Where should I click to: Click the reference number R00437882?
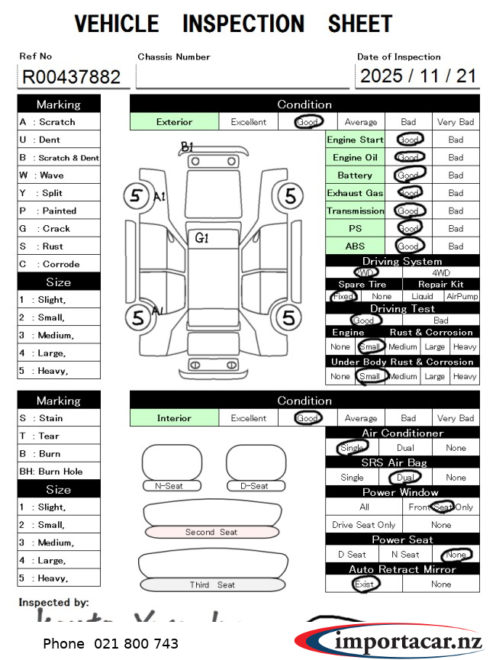pyautogui.click(x=72, y=76)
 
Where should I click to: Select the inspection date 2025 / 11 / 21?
pyautogui.click(x=417, y=76)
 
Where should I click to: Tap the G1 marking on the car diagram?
pyautogui.click(x=201, y=238)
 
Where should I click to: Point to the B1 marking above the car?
pyautogui.click(x=187, y=146)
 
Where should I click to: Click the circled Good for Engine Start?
pyautogui.click(x=409, y=140)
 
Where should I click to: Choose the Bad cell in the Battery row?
pyautogui.click(x=456, y=175)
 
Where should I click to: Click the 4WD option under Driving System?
pyautogui.click(x=441, y=272)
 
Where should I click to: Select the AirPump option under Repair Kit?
pyautogui.click(x=462, y=296)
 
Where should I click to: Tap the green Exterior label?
pyautogui.click(x=174, y=121)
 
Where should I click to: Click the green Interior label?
pyautogui.click(x=174, y=418)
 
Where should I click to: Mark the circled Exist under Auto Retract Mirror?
pyautogui.click(x=365, y=584)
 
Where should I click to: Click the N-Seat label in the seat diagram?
pyautogui.click(x=172, y=486)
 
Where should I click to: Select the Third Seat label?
pyautogui.click(x=212, y=585)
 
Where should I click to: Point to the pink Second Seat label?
pyautogui.click(x=211, y=532)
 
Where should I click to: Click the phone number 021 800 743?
pyautogui.click(x=136, y=644)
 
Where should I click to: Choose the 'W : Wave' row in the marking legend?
pyautogui.click(x=59, y=175)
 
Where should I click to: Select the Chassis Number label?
pyautogui.click(x=174, y=56)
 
